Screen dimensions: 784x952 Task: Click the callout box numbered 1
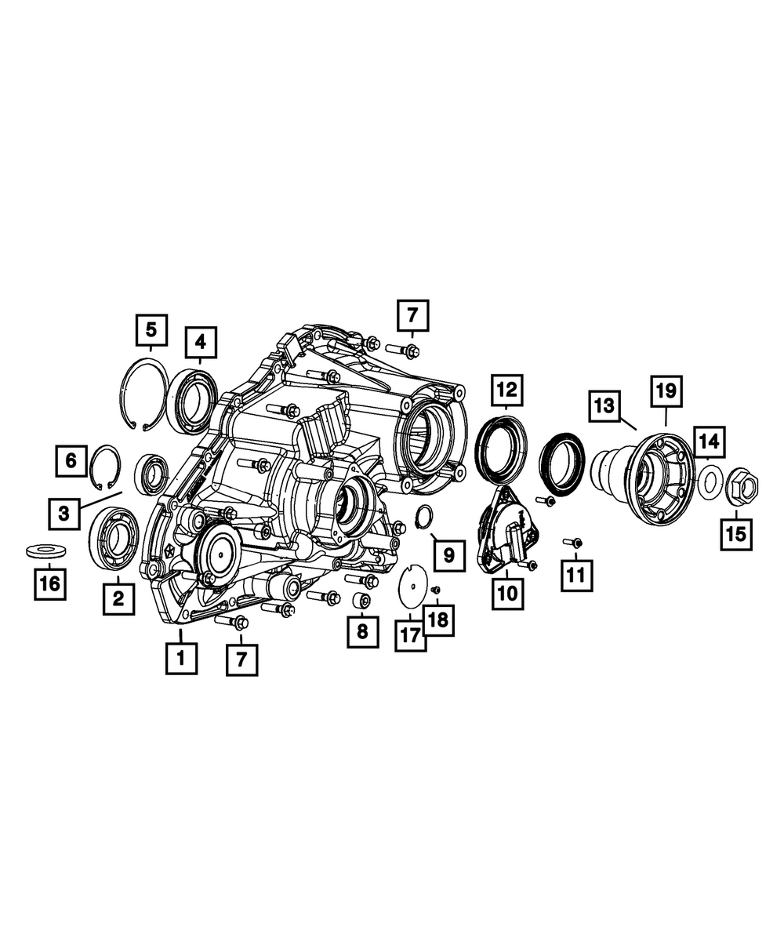point(181,659)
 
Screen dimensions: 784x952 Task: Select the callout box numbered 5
point(151,329)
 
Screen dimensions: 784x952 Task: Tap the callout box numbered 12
point(507,391)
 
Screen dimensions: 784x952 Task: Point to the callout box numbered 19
point(666,391)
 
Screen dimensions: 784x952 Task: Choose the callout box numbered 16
point(50,583)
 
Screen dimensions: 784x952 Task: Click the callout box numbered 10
point(508,594)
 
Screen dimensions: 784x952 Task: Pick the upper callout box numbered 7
point(412,315)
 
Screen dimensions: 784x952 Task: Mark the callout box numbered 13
point(604,405)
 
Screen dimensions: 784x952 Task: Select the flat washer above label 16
point(45,551)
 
